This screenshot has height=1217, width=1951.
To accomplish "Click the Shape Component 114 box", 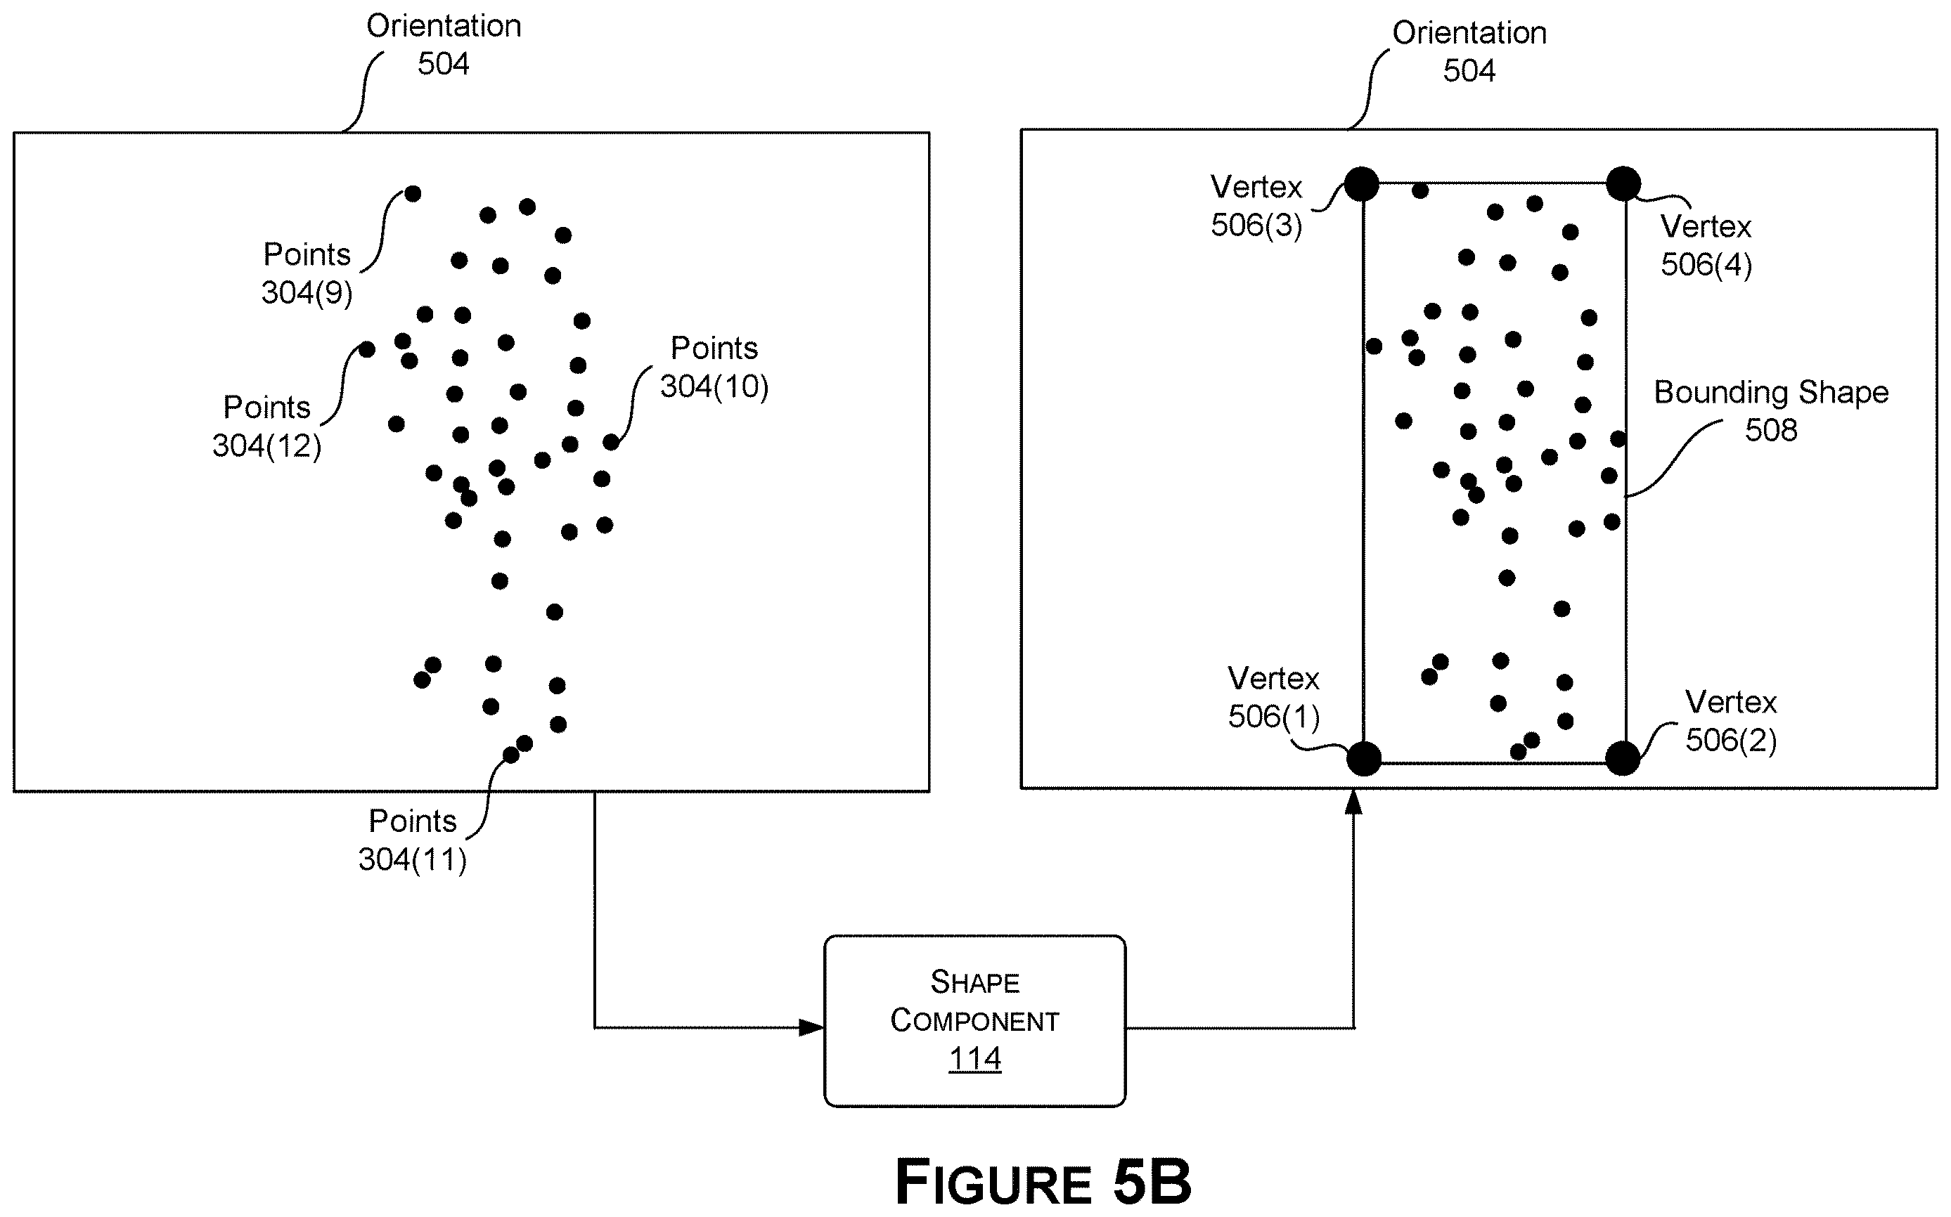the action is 974,1020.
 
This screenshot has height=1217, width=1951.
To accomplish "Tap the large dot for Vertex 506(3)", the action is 1362,184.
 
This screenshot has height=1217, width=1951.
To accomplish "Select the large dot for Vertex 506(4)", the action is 1623,183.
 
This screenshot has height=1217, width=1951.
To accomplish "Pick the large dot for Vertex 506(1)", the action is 1364,759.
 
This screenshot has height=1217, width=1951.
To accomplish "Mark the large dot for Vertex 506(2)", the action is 1623,758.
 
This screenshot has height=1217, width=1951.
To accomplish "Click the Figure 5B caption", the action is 1043,1182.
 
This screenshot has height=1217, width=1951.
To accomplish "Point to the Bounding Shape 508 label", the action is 1770,410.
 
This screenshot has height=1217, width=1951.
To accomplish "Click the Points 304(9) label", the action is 307,273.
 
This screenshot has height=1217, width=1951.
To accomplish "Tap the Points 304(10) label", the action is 714,367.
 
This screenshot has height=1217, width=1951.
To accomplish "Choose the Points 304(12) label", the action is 266,426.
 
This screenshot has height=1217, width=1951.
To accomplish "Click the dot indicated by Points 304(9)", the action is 412,193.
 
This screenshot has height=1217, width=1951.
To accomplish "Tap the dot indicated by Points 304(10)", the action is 611,442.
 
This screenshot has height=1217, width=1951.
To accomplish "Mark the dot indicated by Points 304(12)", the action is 366,349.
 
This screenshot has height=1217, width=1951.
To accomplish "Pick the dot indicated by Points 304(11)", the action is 510,755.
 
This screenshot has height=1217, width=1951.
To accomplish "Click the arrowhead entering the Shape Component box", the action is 811,1028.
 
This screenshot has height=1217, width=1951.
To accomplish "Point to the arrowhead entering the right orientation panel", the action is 1353,802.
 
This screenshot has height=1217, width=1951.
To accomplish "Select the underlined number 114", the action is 974,1058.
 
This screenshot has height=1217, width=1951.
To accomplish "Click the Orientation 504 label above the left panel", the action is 444,44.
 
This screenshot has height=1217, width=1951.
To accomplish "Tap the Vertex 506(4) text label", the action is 1706,245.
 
